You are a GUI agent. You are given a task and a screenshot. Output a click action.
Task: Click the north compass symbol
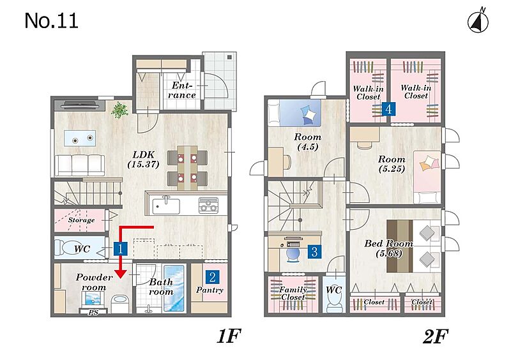click(478, 21)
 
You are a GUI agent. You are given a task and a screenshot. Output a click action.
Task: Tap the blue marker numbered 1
click(120, 249)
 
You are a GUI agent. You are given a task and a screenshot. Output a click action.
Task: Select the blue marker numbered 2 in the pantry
click(212, 277)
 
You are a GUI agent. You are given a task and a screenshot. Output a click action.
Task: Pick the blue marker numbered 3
click(314, 251)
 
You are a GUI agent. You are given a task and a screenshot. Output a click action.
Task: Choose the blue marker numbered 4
click(388, 109)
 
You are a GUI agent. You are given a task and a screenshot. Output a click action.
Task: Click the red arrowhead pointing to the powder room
click(121, 273)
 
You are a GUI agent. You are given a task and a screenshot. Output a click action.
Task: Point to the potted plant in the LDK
click(119, 110)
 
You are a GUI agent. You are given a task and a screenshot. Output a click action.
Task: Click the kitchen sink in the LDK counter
click(166, 206)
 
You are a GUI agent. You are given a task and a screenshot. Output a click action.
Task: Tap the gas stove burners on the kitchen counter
click(209, 205)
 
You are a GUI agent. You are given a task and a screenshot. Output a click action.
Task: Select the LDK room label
click(143, 159)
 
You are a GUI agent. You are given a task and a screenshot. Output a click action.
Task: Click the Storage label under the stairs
click(82, 220)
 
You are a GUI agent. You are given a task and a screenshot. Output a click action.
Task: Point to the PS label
click(93, 312)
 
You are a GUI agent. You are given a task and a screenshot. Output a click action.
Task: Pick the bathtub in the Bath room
click(174, 289)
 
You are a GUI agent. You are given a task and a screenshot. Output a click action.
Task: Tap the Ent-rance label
click(182, 90)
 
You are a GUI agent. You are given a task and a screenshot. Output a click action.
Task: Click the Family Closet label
click(293, 293)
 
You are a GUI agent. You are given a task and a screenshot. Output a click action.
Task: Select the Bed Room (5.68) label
click(389, 248)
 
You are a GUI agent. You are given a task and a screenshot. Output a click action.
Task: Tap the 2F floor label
click(436, 336)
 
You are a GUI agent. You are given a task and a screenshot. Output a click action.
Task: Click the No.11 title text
click(52, 21)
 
